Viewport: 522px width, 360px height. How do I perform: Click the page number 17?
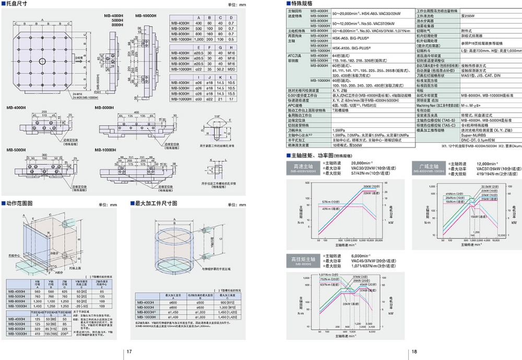click(129, 352)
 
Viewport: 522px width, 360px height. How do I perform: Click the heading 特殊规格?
click(302, 4)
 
